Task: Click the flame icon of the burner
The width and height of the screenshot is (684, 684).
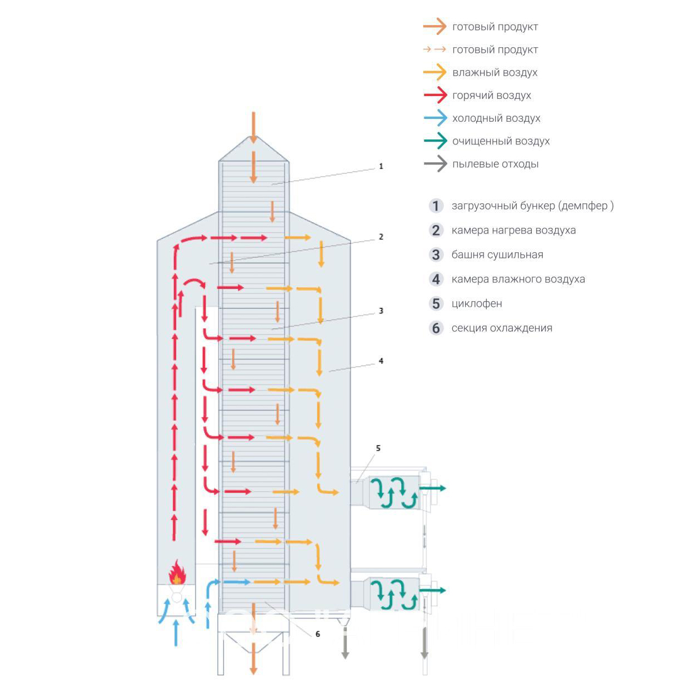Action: point(177,573)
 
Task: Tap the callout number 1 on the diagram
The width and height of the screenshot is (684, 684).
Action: point(381,166)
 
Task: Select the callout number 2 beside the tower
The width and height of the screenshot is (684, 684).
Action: point(381,237)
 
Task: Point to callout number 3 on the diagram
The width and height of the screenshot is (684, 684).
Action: point(381,311)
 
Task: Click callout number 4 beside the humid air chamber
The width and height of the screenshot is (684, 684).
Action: point(381,361)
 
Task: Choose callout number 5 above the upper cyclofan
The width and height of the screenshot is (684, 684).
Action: point(378,448)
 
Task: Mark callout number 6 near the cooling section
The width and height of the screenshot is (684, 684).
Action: point(318,634)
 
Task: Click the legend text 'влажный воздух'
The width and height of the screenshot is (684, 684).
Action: point(495,72)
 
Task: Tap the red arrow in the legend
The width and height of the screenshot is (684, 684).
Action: point(435,95)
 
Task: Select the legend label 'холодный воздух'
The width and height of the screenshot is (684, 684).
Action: point(496,118)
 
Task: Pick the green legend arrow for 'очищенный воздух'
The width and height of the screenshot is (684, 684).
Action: point(435,141)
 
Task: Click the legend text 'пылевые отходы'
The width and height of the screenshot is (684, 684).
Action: point(495,164)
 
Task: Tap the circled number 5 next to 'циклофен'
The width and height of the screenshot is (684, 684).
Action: point(436,303)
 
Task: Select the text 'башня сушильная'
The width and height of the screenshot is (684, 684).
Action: point(497,254)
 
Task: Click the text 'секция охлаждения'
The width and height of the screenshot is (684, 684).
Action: point(502,328)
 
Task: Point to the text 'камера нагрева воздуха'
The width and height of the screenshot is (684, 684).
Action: point(513,230)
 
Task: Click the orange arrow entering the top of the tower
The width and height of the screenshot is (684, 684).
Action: point(253,128)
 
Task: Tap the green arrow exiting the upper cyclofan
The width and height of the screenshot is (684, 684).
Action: point(433,488)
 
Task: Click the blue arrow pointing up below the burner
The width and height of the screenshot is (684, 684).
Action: point(177,632)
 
